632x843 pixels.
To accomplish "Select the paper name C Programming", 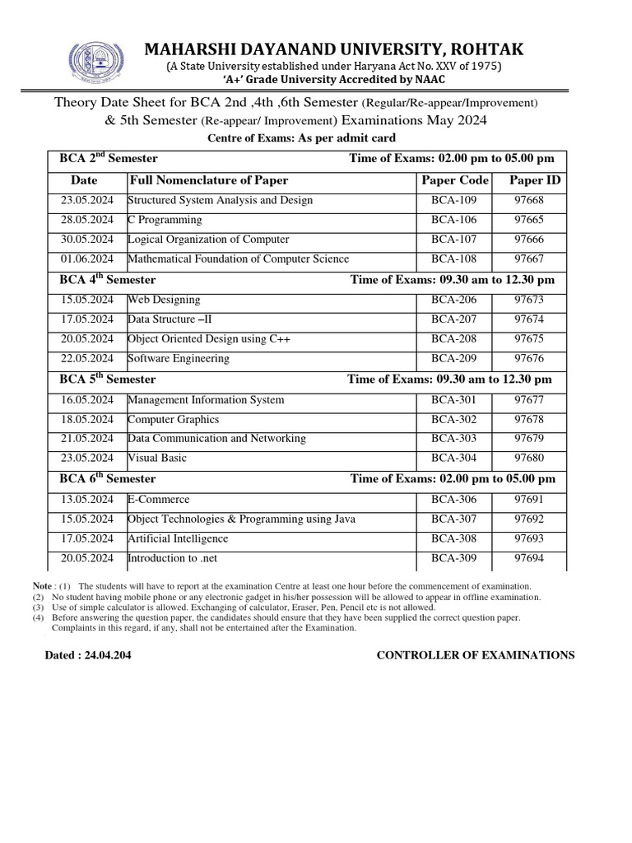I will click(165, 220).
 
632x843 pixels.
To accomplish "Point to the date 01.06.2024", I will click(86, 259).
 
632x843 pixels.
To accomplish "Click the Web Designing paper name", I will click(164, 300).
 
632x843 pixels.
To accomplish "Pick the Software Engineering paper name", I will click(179, 359).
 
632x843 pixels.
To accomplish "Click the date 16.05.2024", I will click(86, 400).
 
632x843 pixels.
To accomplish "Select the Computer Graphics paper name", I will click(173, 420).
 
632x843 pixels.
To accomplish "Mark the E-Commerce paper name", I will click(158, 500).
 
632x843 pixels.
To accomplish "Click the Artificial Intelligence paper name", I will click(178, 539).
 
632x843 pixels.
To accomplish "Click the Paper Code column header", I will click(455, 180).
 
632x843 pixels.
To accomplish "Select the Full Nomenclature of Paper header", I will click(209, 180).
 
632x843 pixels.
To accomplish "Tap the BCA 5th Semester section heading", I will click(108, 380).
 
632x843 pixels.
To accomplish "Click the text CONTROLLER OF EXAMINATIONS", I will click(476, 655).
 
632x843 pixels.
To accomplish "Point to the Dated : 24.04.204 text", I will click(87, 655).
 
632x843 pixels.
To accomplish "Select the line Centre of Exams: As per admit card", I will click(301, 137).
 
